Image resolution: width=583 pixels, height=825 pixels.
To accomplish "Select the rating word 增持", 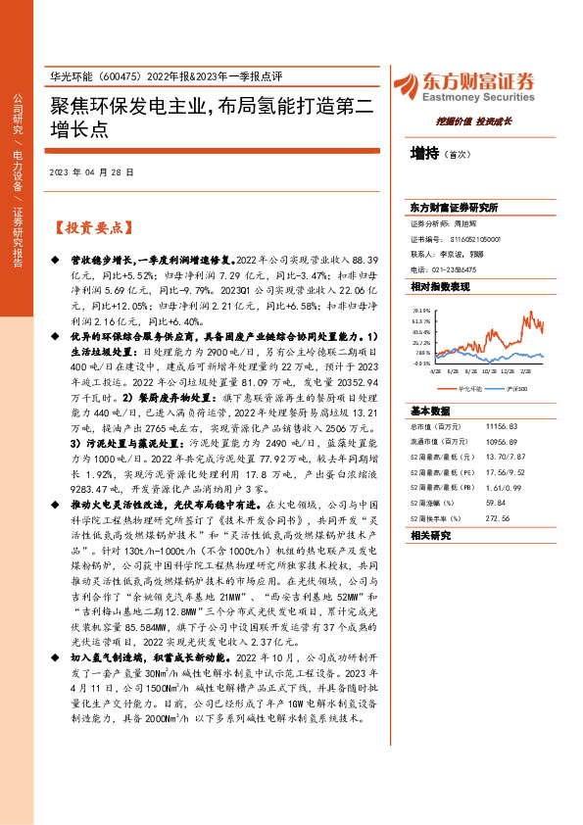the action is coord(424,153).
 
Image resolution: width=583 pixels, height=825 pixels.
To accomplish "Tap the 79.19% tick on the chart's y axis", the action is coord(421,309).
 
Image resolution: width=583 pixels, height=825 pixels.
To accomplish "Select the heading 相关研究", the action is coord(428,536).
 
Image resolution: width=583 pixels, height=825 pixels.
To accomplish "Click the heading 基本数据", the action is coord(428,411).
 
